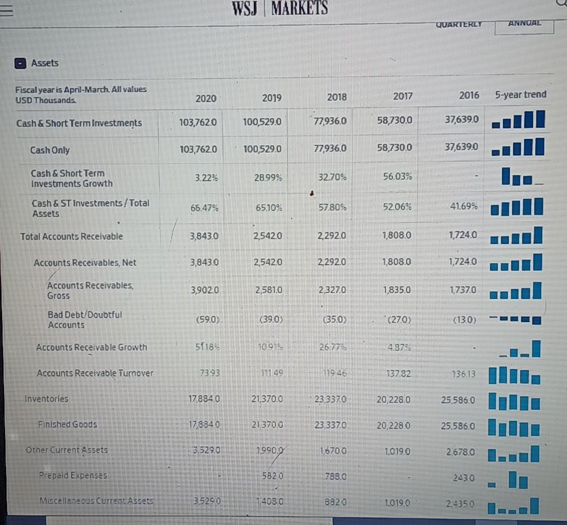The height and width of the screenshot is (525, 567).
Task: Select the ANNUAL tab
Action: point(523,24)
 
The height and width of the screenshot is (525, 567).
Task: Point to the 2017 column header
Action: point(402,96)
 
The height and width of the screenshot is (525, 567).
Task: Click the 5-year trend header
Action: point(520,95)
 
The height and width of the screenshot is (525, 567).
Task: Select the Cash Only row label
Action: point(50,150)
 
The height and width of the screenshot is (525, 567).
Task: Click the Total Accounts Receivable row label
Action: point(71,237)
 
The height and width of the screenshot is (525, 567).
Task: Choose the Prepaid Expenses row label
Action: point(73,476)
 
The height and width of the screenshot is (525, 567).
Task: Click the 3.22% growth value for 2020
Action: point(201,178)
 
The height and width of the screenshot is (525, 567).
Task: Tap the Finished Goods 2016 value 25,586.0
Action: point(456,426)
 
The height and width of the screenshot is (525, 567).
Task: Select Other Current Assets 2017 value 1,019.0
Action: point(396,450)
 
